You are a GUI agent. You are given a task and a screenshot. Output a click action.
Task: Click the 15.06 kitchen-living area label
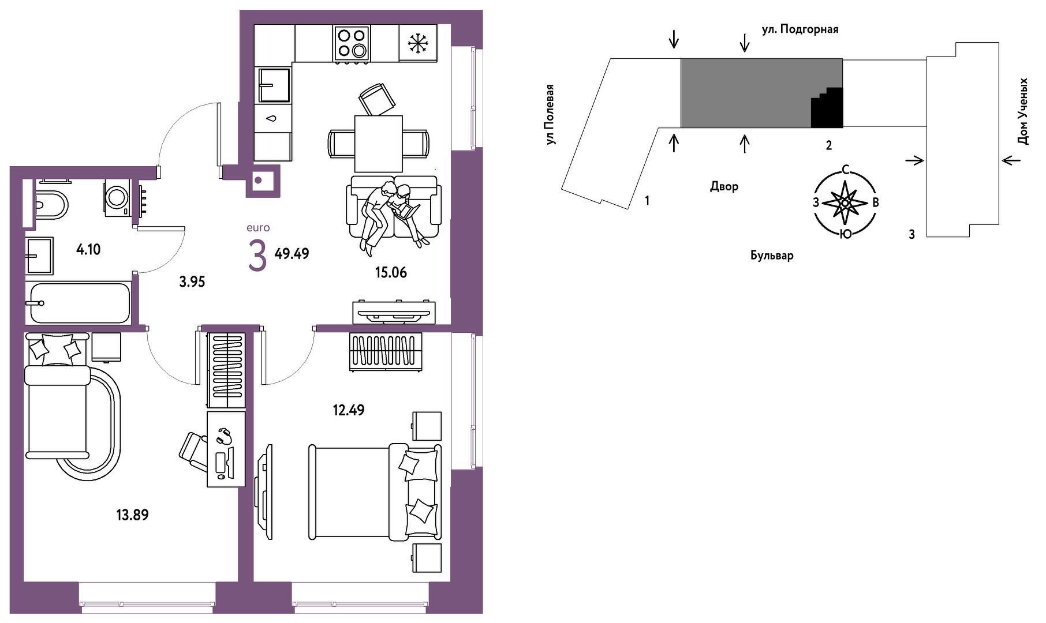point(391,272)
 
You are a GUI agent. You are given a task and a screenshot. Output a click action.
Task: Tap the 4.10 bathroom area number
point(88,249)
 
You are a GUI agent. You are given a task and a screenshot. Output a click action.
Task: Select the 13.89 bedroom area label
point(132,515)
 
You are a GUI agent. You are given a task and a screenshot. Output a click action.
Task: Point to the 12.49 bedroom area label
point(349,410)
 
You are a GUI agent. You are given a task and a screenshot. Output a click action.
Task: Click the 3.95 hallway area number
point(192,282)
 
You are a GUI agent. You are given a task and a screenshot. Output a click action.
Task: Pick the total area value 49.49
point(292,253)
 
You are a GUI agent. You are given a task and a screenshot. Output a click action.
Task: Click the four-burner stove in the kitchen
point(351,43)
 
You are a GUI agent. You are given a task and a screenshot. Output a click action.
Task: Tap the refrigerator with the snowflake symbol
point(417,43)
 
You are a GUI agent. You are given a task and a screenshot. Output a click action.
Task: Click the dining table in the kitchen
point(378,144)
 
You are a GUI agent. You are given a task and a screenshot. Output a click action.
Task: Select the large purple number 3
point(257,256)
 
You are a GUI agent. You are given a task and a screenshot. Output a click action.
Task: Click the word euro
point(258,228)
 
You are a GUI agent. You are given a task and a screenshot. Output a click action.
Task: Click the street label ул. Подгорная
point(800,29)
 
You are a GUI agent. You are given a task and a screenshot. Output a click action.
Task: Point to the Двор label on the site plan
point(724,186)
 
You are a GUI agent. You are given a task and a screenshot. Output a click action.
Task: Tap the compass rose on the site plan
point(845,202)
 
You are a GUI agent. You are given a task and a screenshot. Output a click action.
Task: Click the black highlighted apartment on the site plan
point(827,108)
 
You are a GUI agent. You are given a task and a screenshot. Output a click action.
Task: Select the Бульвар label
point(772,255)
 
